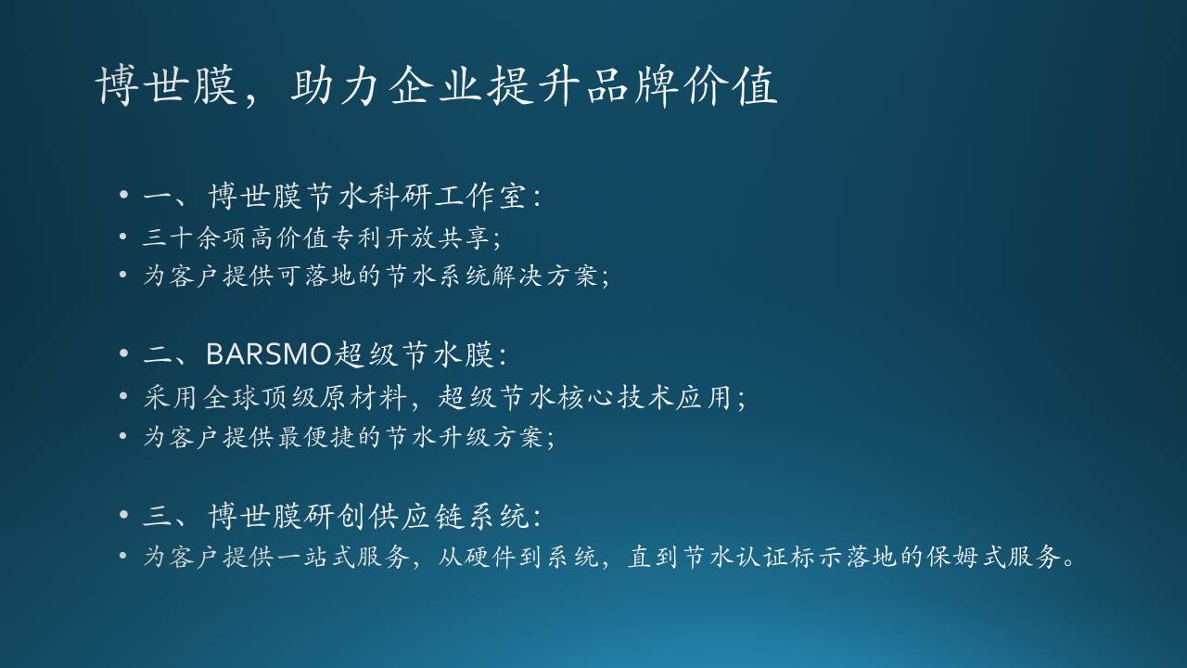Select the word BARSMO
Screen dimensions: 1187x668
pos(269,354)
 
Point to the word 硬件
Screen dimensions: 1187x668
pos(491,557)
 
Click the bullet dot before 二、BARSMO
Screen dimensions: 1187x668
pos(124,353)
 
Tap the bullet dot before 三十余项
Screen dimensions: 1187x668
pos(123,237)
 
